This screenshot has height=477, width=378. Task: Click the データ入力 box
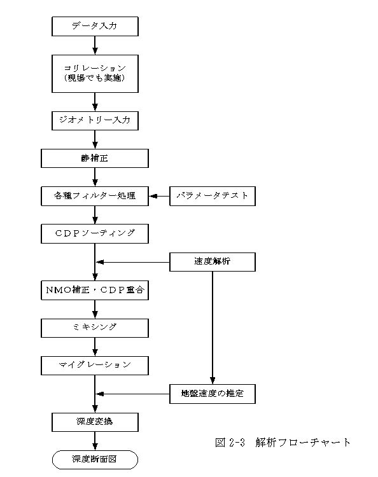[x=95, y=27]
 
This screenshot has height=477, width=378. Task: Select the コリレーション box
[x=95, y=74]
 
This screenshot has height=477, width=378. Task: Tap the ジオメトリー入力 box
[x=95, y=121]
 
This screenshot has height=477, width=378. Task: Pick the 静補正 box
[x=95, y=158]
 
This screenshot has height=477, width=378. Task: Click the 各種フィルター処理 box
[x=95, y=197]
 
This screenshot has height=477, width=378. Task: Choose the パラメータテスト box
[x=213, y=197]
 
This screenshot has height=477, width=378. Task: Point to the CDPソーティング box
[x=95, y=233]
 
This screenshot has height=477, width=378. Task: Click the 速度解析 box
[x=213, y=261]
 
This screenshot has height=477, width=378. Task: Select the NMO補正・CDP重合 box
[x=95, y=290]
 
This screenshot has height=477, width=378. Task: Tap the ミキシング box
[x=95, y=328]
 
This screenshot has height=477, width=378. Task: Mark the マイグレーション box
[x=95, y=365]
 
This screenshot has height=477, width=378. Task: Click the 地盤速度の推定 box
[x=213, y=394]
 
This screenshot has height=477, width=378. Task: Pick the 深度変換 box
[x=95, y=422]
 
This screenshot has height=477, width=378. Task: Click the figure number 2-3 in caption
[x=237, y=442]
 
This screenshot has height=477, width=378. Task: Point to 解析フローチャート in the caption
[x=303, y=442]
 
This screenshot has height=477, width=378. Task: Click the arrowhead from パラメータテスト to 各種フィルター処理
[x=153, y=197]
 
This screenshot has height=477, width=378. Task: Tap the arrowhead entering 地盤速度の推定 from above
[x=213, y=380]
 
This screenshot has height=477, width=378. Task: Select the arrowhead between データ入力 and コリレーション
[x=95, y=51]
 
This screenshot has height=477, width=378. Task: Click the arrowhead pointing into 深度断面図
[x=95, y=446]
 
